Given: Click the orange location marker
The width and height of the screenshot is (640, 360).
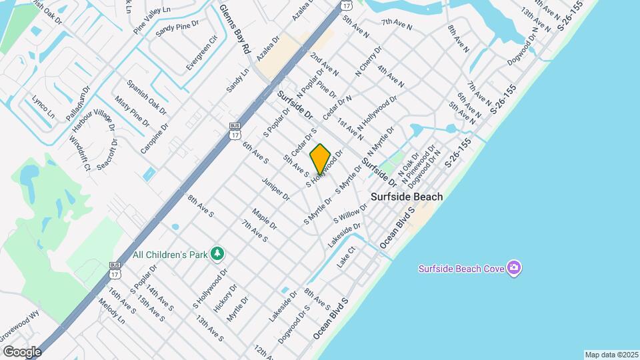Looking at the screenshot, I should [320, 159].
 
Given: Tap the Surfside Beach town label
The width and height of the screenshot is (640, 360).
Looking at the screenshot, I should [407, 197].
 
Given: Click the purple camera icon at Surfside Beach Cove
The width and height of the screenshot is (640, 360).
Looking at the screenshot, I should [513, 268].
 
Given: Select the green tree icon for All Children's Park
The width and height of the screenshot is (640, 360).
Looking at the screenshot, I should [217, 254].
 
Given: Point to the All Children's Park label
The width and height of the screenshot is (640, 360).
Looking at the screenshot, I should [170, 254].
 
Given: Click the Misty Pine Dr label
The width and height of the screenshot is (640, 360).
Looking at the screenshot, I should [132, 110].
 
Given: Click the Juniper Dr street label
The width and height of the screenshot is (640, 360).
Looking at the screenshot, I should [275, 189].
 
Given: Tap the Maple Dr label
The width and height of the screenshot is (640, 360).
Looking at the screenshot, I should [264, 221].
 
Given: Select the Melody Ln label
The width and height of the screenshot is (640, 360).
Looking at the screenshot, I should [111, 311].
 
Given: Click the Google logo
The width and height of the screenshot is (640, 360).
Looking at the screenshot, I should [22, 351].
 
